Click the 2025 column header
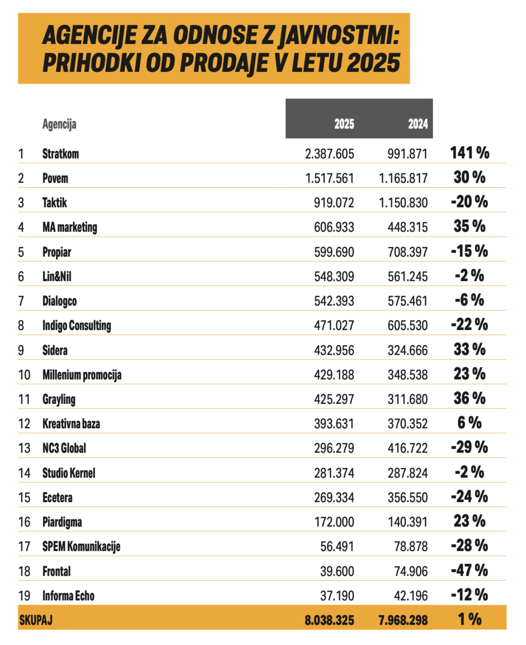(x=344, y=124)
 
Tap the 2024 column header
(x=418, y=124)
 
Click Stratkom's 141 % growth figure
(x=469, y=153)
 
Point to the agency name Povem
(x=55, y=178)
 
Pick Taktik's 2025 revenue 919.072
(x=334, y=203)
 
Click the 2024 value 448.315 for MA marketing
(x=408, y=227)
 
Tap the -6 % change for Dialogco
(x=469, y=300)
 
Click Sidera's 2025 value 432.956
(x=334, y=351)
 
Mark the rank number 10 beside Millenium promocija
(x=24, y=375)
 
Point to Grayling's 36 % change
(x=469, y=398)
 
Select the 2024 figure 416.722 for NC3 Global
(x=408, y=448)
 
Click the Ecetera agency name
(x=57, y=498)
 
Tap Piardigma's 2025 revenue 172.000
(x=334, y=522)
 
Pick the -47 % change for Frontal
(x=469, y=570)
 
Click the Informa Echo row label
(x=69, y=596)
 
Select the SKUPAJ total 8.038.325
(x=330, y=620)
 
